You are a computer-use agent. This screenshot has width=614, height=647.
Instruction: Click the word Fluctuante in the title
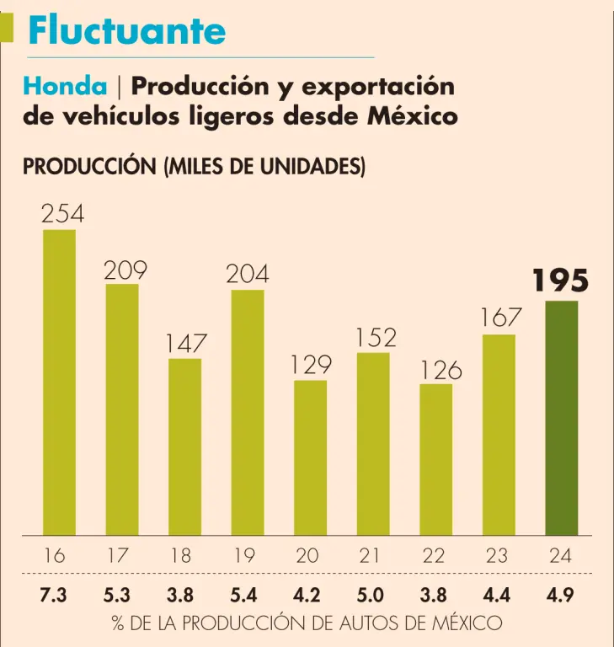126,31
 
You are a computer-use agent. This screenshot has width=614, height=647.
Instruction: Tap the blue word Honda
66,86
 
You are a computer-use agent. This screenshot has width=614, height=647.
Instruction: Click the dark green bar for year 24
562,418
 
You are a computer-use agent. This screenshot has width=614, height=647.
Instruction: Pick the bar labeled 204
248,412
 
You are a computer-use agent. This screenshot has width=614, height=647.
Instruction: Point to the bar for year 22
435,459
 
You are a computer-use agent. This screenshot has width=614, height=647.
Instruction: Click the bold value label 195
560,281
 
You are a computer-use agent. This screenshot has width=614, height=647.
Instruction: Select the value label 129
311,365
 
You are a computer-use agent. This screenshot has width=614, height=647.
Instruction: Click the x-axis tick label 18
180,555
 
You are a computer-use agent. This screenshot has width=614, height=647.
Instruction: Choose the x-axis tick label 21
371,555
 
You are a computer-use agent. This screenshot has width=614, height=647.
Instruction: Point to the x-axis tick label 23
497,555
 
